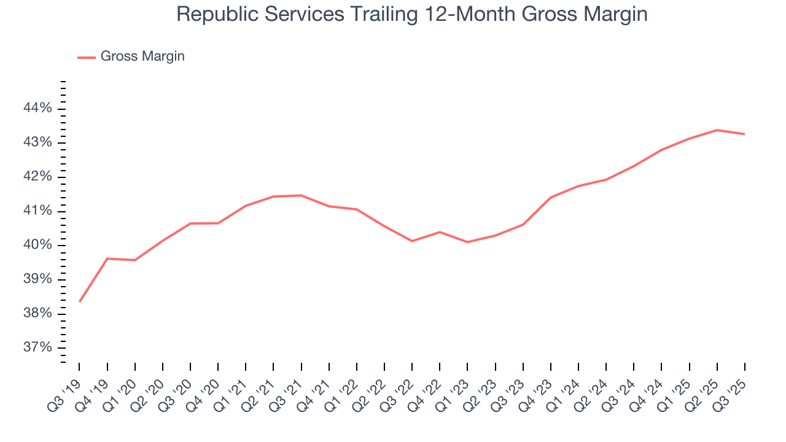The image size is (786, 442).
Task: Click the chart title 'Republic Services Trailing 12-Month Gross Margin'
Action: tap(411, 14)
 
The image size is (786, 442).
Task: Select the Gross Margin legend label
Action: tap(142, 56)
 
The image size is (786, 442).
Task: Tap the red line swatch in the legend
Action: tap(87, 57)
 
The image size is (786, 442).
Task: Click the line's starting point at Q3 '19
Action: tap(80, 301)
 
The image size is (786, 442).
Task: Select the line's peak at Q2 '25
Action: tap(717, 130)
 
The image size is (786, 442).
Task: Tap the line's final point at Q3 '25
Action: tap(744, 134)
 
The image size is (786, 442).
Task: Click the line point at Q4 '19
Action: tap(107, 258)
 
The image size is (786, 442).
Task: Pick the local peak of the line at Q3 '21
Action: tap(301, 195)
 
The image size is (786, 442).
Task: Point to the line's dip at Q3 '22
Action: tap(412, 241)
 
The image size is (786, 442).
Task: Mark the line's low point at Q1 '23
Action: tap(467, 242)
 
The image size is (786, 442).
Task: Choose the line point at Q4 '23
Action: tap(551, 197)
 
